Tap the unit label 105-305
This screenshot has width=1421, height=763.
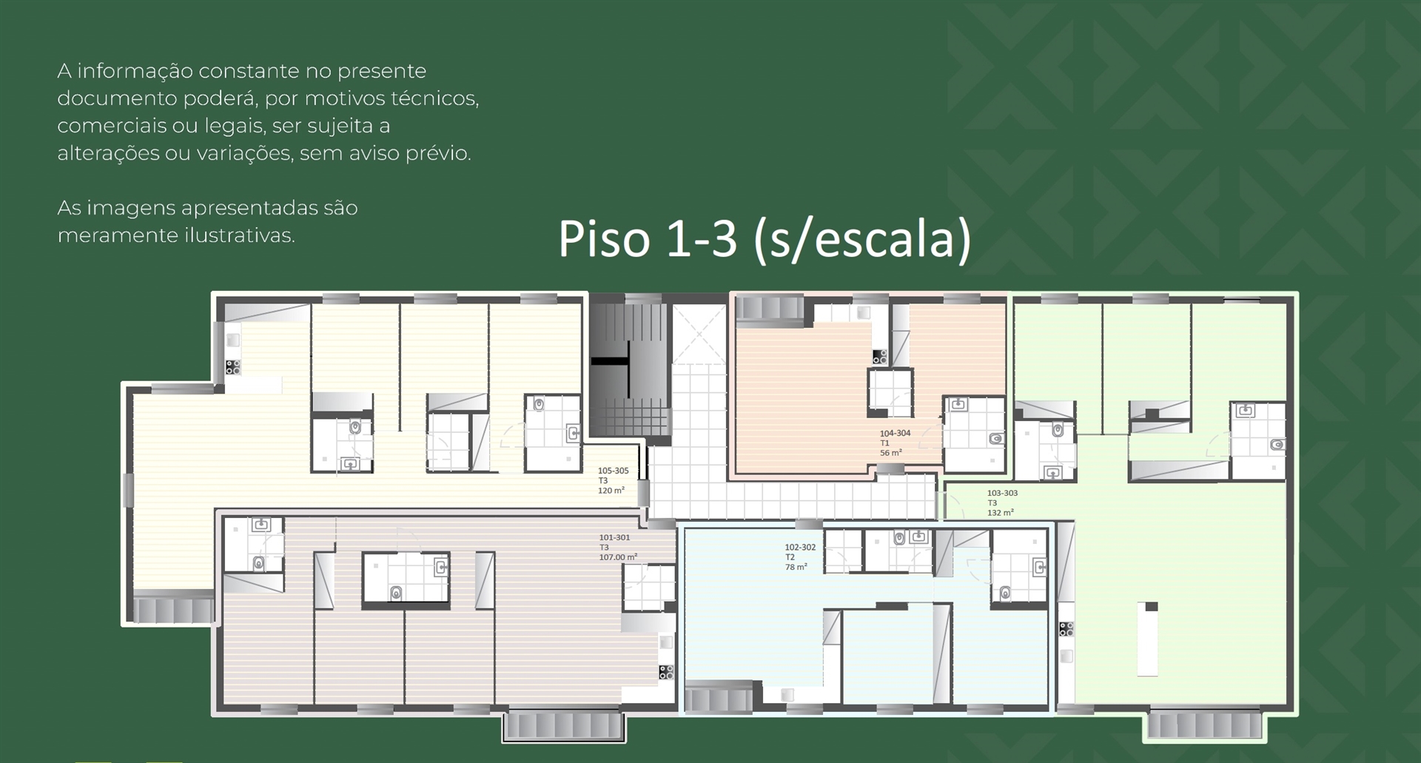pos(613,471)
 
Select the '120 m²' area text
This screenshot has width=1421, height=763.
pos(611,491)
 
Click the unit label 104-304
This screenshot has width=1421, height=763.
pos(895,433)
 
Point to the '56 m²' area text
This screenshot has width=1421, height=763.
pos(890,453)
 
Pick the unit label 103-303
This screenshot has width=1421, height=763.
pos(1002,493)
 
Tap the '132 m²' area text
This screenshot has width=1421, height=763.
pos(1001,512)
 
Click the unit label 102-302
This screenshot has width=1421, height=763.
pos(800,548)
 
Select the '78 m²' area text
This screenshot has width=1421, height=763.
pos(796,567)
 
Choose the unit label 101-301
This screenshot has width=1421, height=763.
pos(614,538)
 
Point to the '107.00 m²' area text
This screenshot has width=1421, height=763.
pos(618,557)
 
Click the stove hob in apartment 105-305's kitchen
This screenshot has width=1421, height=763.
pos(233,366)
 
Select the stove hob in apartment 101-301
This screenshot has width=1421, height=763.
pos(666,672)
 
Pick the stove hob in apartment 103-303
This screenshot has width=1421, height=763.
pos(1066,629)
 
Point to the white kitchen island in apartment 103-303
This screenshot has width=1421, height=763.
pos(1147,639)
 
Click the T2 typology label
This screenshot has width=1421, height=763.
pos(790,557)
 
